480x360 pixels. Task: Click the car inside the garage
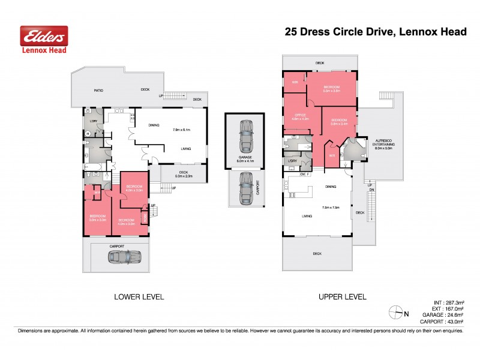click(x=245, y=136)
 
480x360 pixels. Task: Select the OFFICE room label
click(x=299, y=117)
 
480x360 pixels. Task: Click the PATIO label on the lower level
click(x=98, y=91)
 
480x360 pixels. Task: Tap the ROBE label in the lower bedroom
click(x=145, y=217)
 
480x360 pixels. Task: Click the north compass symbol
click(x=397, y=311)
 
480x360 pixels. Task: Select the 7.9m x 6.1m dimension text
click(x=181, y=130)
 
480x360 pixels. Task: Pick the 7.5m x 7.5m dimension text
click(x=331, y=208)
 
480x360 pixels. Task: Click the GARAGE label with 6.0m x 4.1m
click(x=244, y=159)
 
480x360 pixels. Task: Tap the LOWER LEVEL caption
click(x=139, y=297)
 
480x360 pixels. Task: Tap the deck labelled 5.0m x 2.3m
click(x=183, y=175)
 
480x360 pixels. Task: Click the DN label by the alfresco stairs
click(x=372, y=190)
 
